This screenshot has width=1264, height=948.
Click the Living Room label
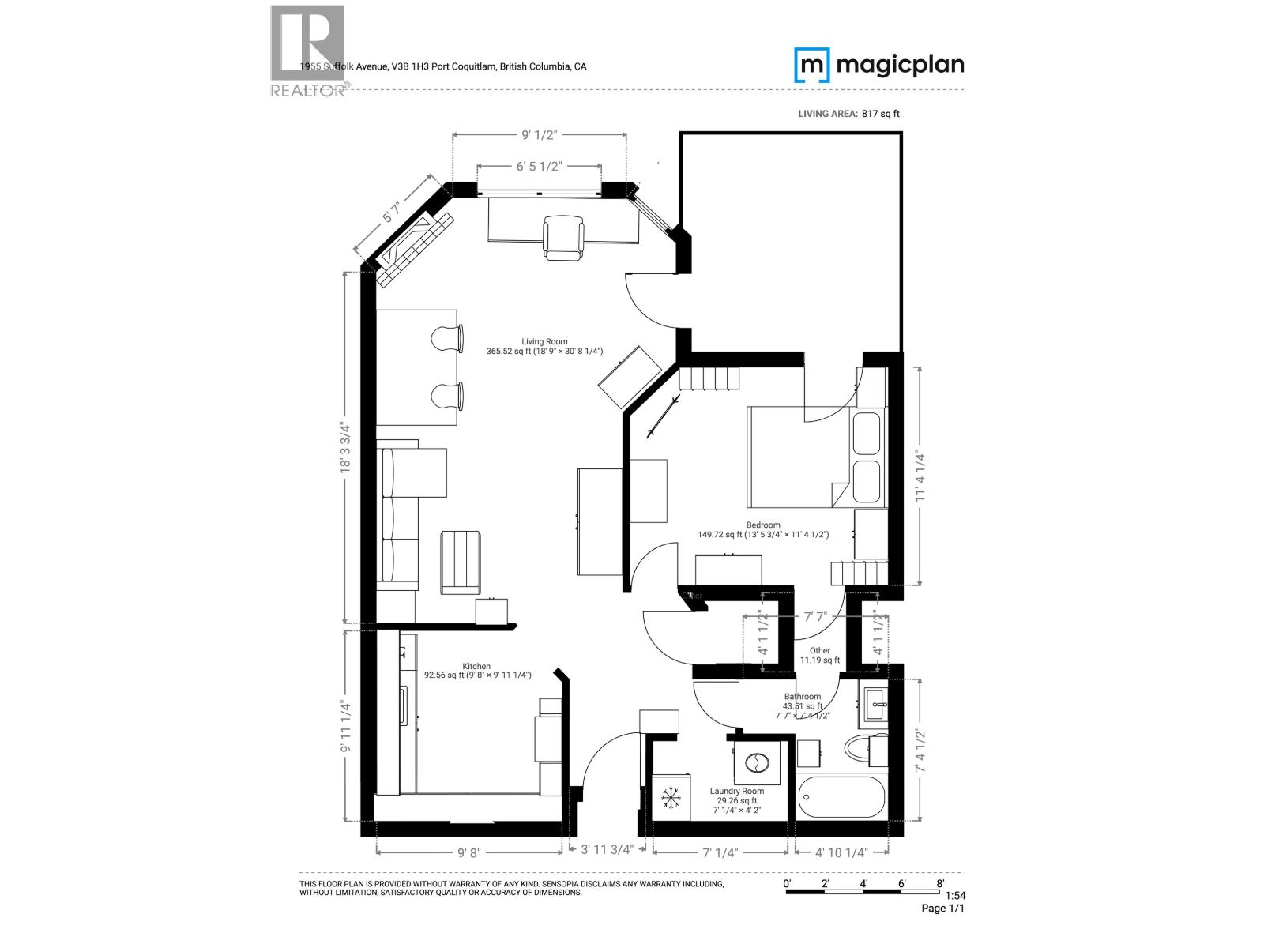click(x=544, y=342)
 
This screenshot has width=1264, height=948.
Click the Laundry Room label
click(x=736, y=791)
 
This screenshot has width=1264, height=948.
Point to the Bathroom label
click(x=802, y=697)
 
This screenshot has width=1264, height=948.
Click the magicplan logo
click(x=878, y=65)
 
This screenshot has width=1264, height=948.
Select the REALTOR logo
click(x=308, y=51)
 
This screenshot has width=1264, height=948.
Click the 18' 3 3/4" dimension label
click(x=344, y=448)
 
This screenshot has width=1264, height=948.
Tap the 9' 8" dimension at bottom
click(x=468, y=852)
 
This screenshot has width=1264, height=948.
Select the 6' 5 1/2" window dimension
click(x=539, y=167)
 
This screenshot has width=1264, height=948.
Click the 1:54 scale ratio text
click(x=955, y=895)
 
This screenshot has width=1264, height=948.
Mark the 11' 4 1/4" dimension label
click(x=918, y=476)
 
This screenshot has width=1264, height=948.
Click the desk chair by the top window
click(x=563, y=238)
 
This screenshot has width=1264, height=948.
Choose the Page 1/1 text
click(x=942, y=908)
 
